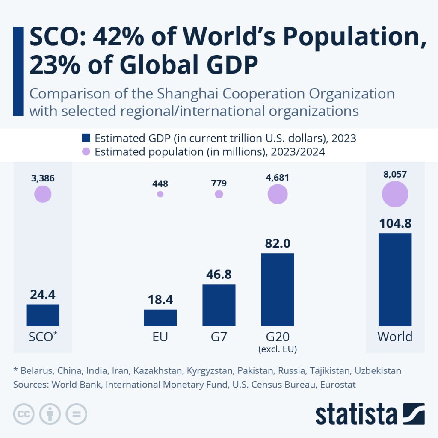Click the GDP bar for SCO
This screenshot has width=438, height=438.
point(43,315)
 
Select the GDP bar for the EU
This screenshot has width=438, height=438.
point(160,317)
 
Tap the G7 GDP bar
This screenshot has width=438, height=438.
point(219,305)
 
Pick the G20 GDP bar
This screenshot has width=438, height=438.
point(278,289)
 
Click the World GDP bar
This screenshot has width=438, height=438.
point(395,279)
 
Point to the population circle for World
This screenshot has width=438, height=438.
point(395,194)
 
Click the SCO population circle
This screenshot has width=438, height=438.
point(43,194)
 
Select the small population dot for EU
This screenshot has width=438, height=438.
point(160,194)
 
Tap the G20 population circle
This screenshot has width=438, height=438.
point(278,194)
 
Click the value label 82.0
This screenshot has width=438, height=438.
point(278,243)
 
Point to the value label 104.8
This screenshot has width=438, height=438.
point(395,223)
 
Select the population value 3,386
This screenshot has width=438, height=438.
point(43,178)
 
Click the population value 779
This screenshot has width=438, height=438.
point(219,183)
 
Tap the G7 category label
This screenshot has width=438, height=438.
point(219,337)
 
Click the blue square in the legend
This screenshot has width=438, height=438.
point(86,138)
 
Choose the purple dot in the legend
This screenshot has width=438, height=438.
point(86,152)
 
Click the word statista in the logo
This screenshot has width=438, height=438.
point(356,414)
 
